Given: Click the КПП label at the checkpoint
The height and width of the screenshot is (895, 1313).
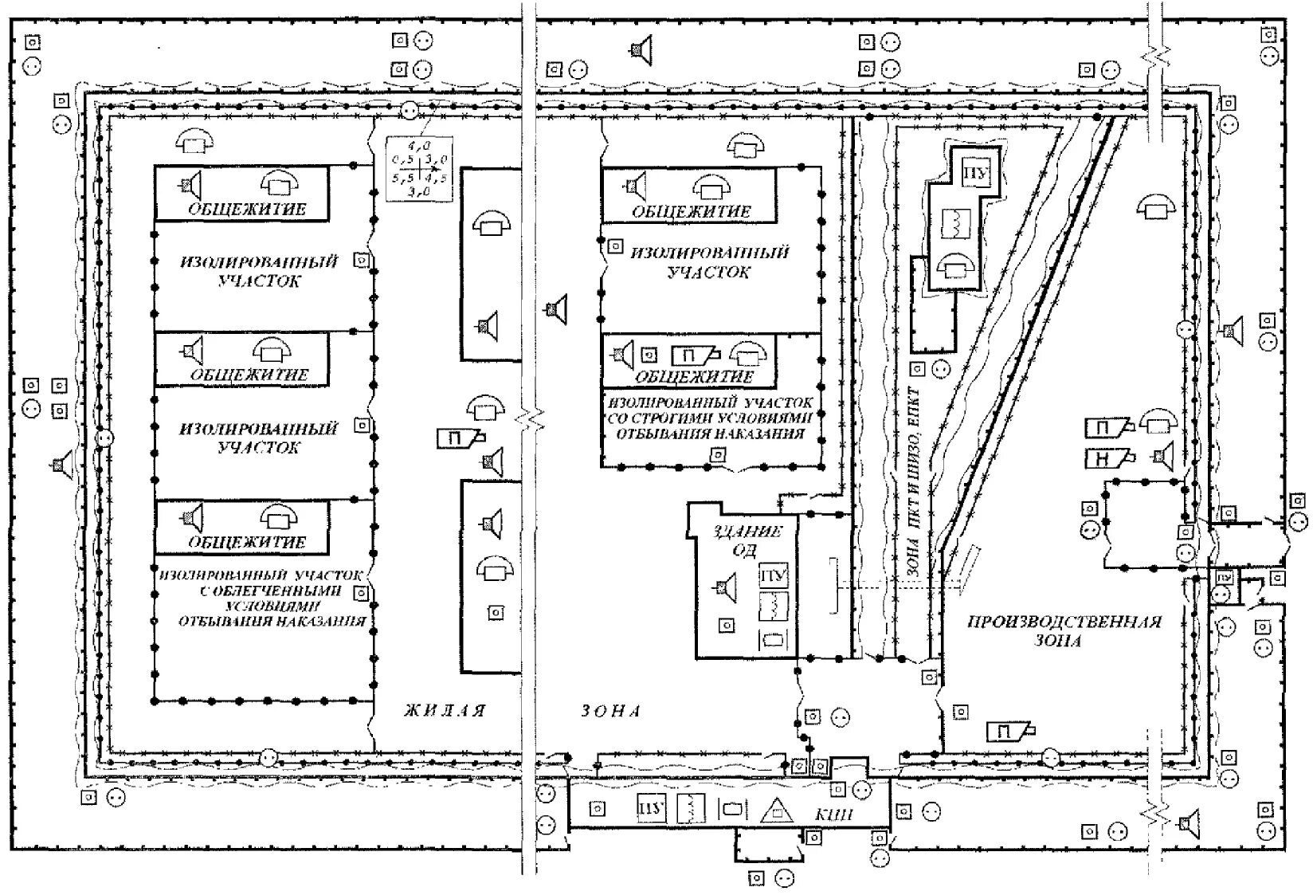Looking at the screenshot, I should pos(835,814).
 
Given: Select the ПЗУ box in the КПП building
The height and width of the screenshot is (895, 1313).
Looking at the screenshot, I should pos(649,808).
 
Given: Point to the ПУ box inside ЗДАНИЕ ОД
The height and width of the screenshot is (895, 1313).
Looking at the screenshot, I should pos(772,575).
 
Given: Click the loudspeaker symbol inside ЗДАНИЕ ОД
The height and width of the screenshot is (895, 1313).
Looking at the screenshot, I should pos(724,588).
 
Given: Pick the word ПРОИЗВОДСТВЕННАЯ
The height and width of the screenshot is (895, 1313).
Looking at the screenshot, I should pos(1064,622).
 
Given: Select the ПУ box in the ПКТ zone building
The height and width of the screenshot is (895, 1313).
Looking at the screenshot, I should pos(972,172).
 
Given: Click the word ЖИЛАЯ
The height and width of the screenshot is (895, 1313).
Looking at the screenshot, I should pos(444,710).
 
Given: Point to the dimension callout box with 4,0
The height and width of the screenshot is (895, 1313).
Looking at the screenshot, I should pos(418,169).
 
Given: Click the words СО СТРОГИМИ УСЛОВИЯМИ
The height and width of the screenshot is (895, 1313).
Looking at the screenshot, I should pos(712,418).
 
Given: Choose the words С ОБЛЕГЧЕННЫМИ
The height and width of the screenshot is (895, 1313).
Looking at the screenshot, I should pos(270,591).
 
